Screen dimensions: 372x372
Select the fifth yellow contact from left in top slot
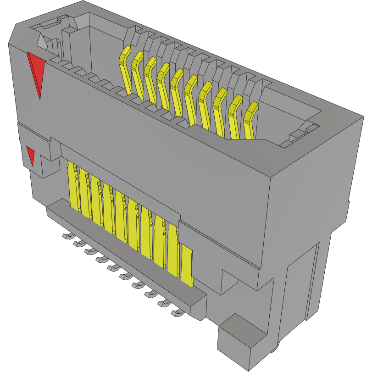tap(176, 90)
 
